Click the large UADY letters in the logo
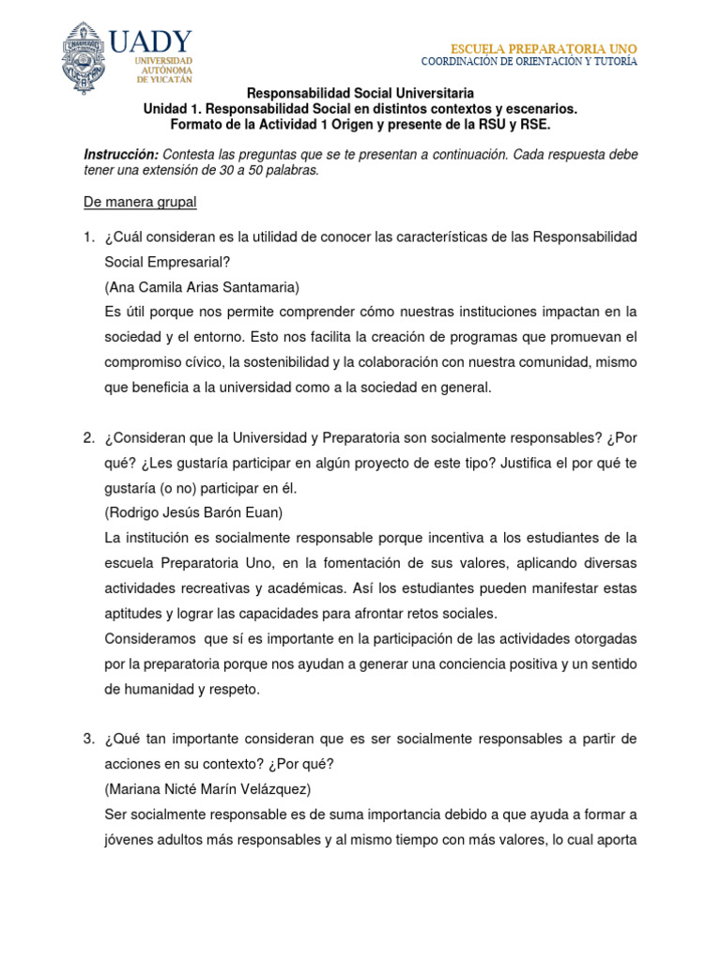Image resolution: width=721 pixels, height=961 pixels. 150,41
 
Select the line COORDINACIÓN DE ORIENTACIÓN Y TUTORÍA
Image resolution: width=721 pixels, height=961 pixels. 529,62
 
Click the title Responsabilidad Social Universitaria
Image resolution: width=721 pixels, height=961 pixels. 360,94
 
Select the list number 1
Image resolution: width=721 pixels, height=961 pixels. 88,236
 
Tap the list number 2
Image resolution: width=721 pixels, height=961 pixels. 88,438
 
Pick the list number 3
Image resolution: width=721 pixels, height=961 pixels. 88,740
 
